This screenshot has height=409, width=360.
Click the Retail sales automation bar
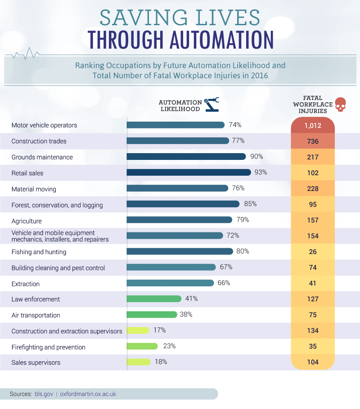click(x=189, y=172)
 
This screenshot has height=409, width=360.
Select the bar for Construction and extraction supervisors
click(x=138, y=331)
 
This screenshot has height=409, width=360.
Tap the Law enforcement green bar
click(x=154, y=299)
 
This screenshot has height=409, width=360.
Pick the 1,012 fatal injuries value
click(x=312, y=126)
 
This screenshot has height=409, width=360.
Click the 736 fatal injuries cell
click(x=312, y=141)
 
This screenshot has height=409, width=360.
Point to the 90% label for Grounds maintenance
click(x=256, y=156)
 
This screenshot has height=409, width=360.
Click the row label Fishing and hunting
click(x=39, y=252)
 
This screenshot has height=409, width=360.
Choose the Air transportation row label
click(x=36, y=315)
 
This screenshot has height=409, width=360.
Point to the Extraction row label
click(x=26, y=284)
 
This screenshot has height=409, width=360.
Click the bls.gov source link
click(x=44, y=394)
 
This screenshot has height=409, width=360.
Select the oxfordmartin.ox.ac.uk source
click(x=88, y=394)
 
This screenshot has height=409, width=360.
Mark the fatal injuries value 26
click(x=312, y=252)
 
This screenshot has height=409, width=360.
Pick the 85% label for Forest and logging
click(x=250, y=204)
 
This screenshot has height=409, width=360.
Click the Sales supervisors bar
click(x=139, y=362)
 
